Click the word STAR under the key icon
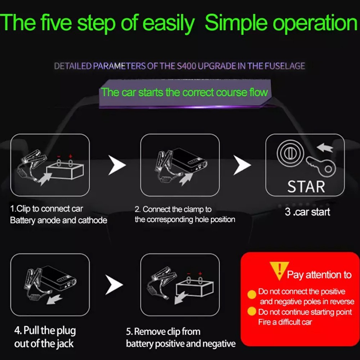(x=306, y=186)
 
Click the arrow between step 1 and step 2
(x=117, y=165)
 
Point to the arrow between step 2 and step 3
(x=242, y=165)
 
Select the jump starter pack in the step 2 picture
(x=189, y=162)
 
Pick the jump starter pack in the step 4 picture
(x=59, y=278)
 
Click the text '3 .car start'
(x=307, y=212)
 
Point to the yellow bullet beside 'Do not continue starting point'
(x=252, y=312)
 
